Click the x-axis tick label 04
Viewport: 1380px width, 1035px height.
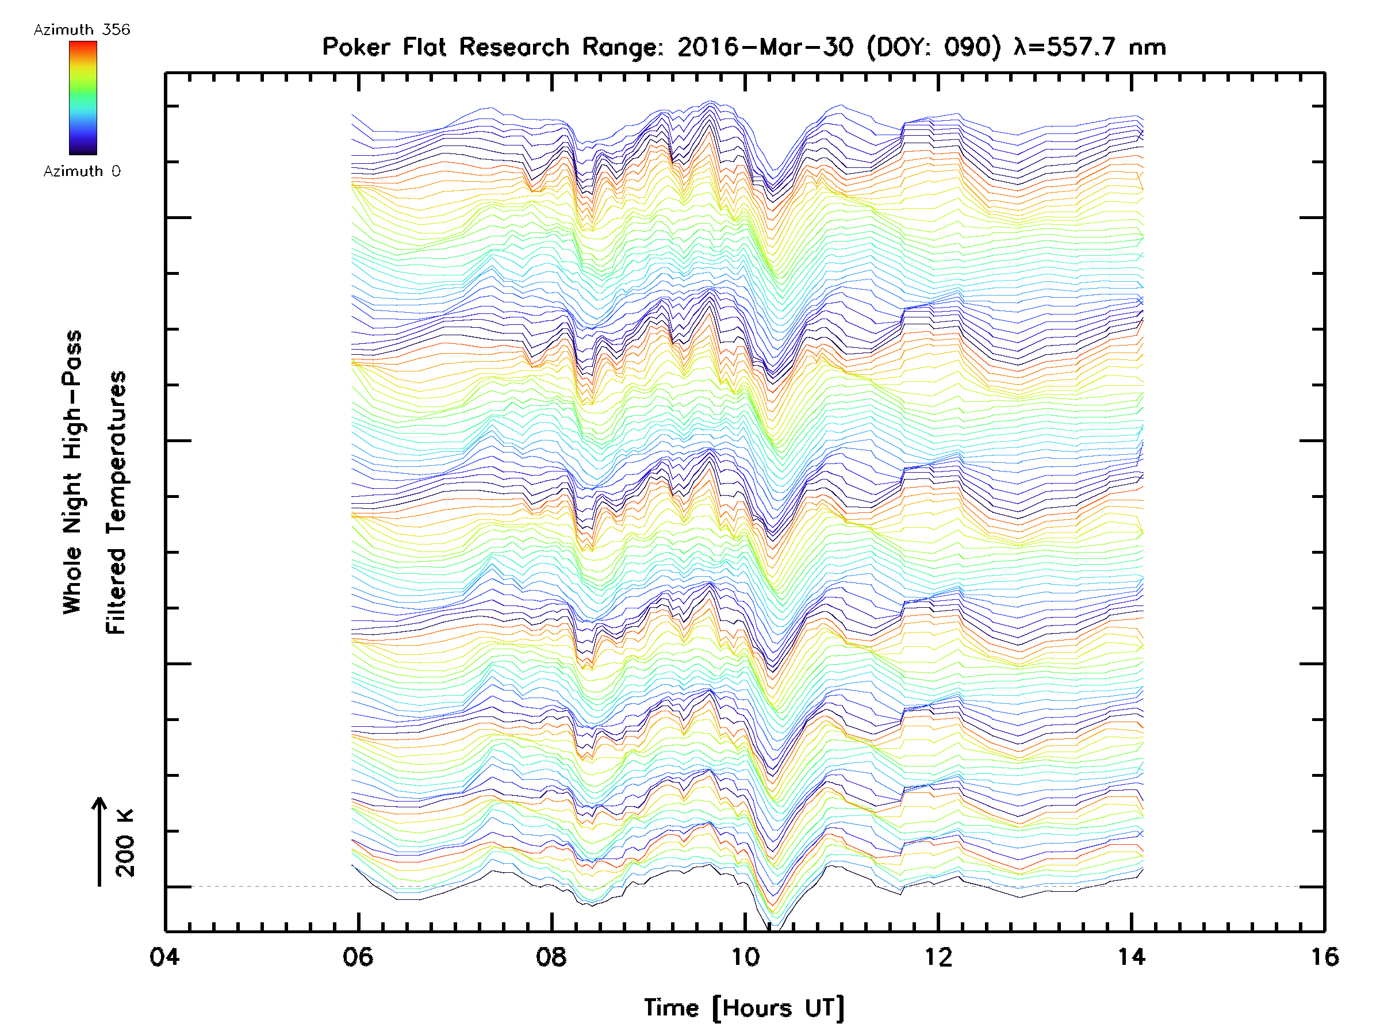pyautogui.click(x=164, y=956)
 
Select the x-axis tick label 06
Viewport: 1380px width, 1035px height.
pyautogui.click(x=358, y=956)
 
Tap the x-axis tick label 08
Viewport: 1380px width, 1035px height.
pyautogui.click(x=551, y=956)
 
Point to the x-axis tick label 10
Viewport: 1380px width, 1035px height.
pyautogui.click(x=745, y=956)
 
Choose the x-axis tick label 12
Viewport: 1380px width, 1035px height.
pyautogui.click(x=938, y=956)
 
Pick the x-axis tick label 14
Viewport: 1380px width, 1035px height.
pyautogui.click(x=1132, y=956)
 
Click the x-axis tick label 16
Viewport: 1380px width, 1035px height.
pyautogui.click(x=1324, y=956)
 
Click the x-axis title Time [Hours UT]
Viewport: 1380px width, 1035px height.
pyautogui.click(x=744, y=1008)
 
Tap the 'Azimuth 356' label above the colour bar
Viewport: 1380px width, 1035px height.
pyautogui.click(x=82, y=30)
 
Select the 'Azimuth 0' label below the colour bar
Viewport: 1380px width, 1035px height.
pyautogui.click(x=82, y=171)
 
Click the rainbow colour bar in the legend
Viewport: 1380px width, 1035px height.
pyautogui.click(x=83, y=98)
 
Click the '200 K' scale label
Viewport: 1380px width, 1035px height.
pyautogui.click(x=125, y=843)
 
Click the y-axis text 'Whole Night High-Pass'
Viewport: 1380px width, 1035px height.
pyautogui.click(x=72, y=472)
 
